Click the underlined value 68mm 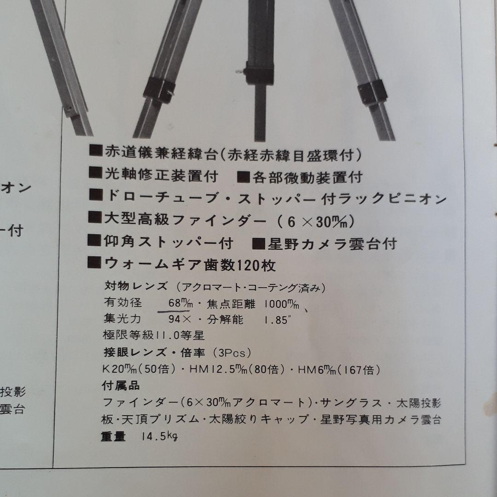(173, 304)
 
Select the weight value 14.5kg (160, 437)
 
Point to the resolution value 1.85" (277, 319)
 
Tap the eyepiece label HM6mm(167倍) (338, 369)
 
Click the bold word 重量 (113, 437)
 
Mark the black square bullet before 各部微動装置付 (244, 176)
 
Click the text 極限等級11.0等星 (155, 335)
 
